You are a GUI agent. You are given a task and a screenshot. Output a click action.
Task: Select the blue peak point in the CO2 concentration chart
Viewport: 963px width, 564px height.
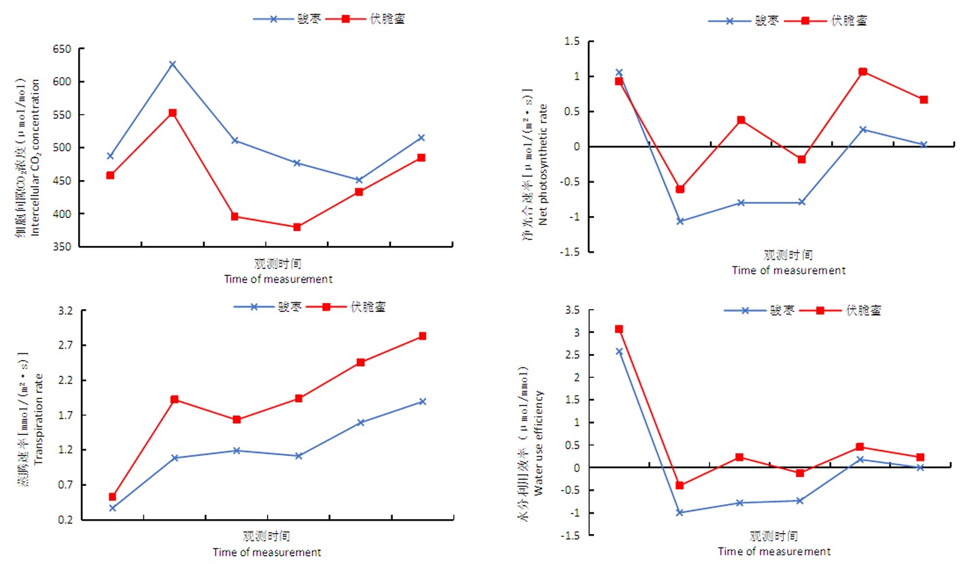tap(173, 64)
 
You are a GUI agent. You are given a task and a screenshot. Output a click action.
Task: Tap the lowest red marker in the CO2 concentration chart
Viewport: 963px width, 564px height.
tap(297, 227)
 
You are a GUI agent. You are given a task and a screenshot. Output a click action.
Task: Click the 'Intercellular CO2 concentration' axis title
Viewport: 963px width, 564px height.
tap(36, 157)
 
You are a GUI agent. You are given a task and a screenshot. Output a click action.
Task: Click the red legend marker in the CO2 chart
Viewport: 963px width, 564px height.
tap(345, 19)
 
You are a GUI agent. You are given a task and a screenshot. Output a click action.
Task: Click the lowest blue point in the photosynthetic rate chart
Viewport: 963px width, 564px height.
tap(680, 221)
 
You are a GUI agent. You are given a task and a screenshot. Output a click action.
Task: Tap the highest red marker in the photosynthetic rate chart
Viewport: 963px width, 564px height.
tap(862, 71)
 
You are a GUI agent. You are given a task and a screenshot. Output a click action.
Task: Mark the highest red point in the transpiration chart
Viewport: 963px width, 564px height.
tap(422, 336)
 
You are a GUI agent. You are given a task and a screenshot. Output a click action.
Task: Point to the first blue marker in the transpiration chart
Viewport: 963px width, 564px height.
tap(113, 508)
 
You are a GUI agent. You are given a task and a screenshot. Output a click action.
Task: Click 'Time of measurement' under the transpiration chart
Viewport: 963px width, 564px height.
tap(266, 552)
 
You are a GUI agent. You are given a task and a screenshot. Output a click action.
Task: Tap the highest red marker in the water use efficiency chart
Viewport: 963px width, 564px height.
tap(618, 329)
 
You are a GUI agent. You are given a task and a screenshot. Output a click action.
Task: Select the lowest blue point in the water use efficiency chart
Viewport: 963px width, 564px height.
tap(679, 512)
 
